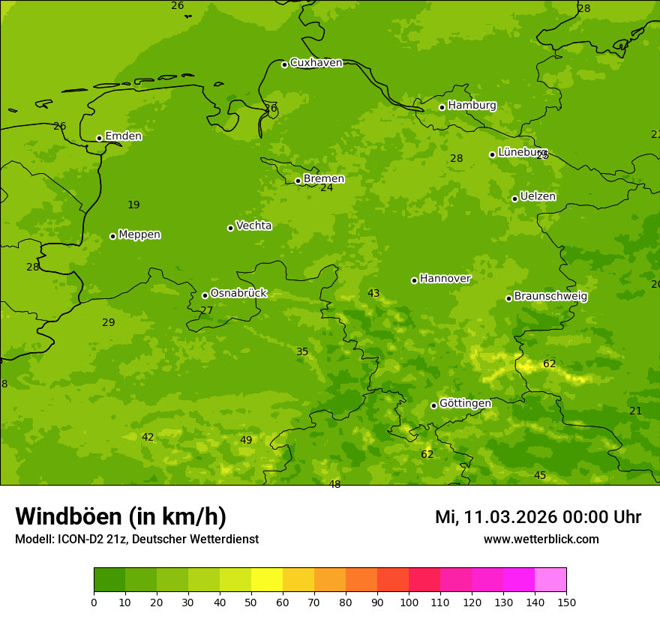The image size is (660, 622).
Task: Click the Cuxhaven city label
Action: tap(316, 63)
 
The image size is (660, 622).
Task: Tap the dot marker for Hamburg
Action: tap(442, 107)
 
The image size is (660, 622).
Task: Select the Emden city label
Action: tap(123, 136)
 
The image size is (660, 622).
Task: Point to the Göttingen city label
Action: tap(465, 404)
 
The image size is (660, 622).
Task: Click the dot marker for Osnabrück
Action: tap(205, 295)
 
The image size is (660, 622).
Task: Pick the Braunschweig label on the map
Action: tap(550, 297)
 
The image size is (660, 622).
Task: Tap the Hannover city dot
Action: tap(414, 280)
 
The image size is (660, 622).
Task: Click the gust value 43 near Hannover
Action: tap(373, 294)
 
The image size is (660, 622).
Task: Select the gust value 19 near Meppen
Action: tap(133, 205)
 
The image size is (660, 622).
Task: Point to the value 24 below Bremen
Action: tap(326, 188)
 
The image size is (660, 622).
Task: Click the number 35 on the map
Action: tap(302, 352)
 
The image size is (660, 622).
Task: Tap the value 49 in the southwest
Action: tap(246, 441)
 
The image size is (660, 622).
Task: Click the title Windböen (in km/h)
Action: tap(121, 516)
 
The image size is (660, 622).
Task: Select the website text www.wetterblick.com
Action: tap(541, 540)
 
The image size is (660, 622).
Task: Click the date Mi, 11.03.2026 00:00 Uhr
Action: tap(538, 517)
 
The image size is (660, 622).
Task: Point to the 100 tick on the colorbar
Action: tap(409, 602)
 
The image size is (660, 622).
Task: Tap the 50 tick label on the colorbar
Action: tap(251, 602)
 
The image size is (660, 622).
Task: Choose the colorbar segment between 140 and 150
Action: tap(550, 580)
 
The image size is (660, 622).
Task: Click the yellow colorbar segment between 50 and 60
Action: tap(267, 580)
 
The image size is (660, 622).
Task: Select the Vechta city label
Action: tap(253, 226)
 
